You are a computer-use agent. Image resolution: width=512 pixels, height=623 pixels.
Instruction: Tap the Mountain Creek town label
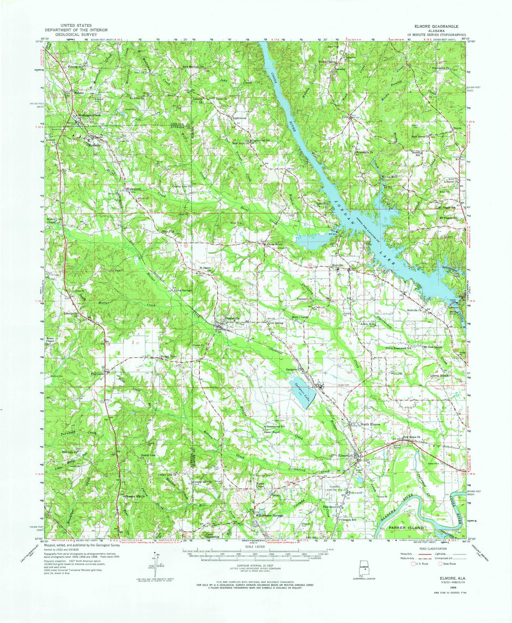[x=90, y=115]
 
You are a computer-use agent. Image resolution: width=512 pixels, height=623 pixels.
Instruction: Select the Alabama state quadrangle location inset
[x=363, y=569]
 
